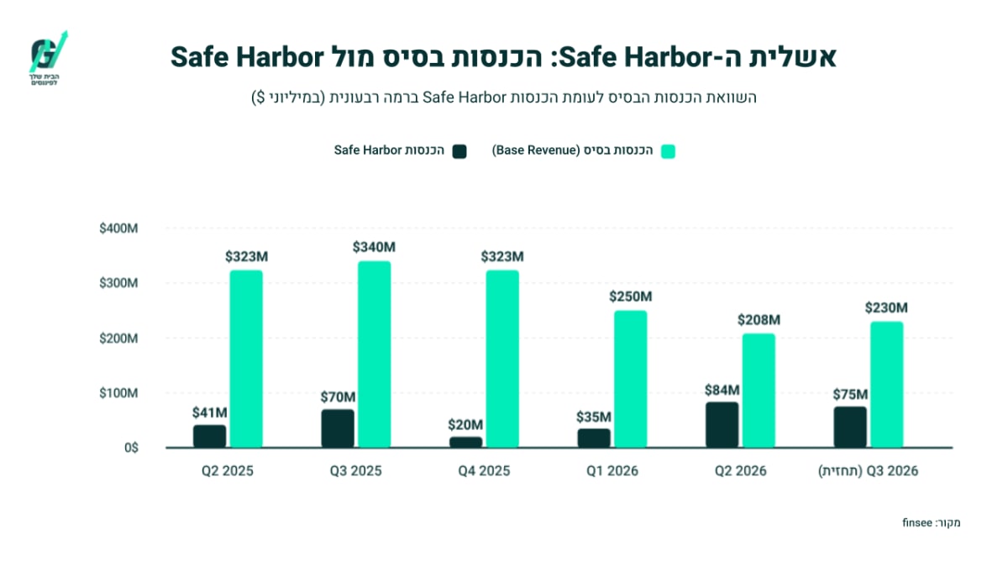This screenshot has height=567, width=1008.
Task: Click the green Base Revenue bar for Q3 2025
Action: click(375, 354)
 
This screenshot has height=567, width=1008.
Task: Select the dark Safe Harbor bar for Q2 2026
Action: click(722, 425)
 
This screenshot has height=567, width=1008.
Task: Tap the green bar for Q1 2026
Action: click(631, 380)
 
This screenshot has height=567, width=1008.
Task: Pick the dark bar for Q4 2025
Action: click(465, 443)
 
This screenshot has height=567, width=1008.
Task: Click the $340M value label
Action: click(374, 247)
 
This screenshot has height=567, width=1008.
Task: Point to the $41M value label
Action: click(210, 412)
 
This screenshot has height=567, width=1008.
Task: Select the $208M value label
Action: click(759, 320)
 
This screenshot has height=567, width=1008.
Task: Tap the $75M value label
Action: click(850, 395)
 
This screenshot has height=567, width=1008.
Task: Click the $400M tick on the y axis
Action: click(118, 228)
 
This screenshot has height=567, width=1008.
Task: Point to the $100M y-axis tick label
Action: click(118, 393)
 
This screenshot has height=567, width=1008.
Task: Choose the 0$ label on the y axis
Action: click(131, 449)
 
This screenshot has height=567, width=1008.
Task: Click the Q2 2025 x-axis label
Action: click(228, 471)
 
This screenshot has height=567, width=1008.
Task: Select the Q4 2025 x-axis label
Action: click(484, 471)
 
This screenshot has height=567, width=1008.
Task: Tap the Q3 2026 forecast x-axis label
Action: click(868, 471)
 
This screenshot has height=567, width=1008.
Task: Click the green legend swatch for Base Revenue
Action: click(669, 151)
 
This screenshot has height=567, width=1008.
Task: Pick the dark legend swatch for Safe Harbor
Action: click(459, 151)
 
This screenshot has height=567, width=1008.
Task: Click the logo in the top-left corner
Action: click(48, 58)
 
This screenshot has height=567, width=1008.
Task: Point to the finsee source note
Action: click(931, 522)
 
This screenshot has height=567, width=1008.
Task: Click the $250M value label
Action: click(631, 297)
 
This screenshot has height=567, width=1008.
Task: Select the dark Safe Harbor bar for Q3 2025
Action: click(338, 429)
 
